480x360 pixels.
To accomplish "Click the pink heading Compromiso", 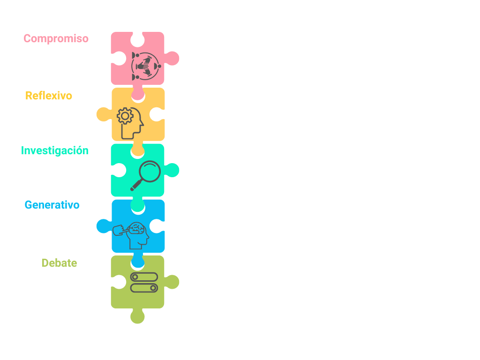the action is pos(56,38).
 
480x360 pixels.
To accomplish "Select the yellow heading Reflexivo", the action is pos(49,96).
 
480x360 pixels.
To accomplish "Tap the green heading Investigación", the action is pos(55,150).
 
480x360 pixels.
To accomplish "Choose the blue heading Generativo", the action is pos(52,205).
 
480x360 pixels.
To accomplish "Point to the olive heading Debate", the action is pos(59,263).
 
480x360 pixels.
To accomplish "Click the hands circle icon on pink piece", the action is pos(146,66).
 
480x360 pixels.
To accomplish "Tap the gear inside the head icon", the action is pos(125,116).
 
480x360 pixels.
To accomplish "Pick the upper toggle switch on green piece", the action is pos(144,277).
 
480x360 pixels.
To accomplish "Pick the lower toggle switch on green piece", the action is pos(144,288).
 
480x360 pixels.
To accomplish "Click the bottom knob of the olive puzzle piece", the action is pos(137,317).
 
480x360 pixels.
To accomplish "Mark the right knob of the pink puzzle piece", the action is pos(172,59).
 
